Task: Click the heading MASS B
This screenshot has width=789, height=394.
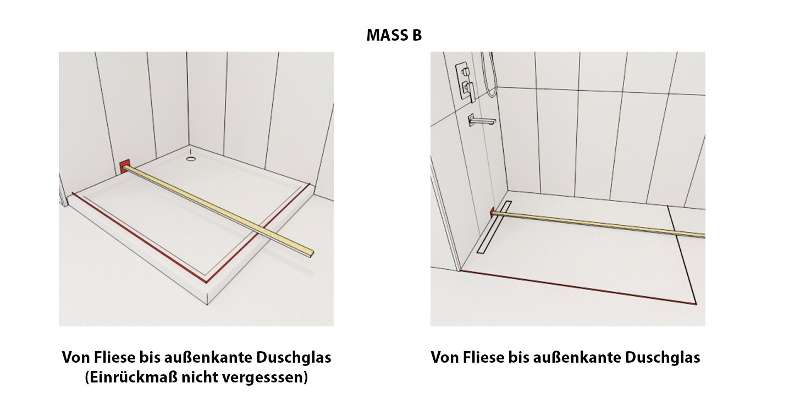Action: (394, 35)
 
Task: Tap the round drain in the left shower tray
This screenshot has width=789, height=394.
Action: (191, 159)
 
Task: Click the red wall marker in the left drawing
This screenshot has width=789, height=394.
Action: (124, 167)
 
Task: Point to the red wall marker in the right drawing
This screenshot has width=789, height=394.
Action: (492, 212)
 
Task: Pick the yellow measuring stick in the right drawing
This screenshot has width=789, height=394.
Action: (598, 224)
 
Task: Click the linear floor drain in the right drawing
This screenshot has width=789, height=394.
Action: (494, 227)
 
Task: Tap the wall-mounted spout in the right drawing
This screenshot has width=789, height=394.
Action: (481, 120)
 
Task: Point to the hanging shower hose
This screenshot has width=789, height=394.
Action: (490, 75)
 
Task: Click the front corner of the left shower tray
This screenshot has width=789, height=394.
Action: (207, 304)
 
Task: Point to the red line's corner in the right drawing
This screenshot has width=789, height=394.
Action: (696, 304)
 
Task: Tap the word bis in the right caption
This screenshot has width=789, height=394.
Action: (520, 357)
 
